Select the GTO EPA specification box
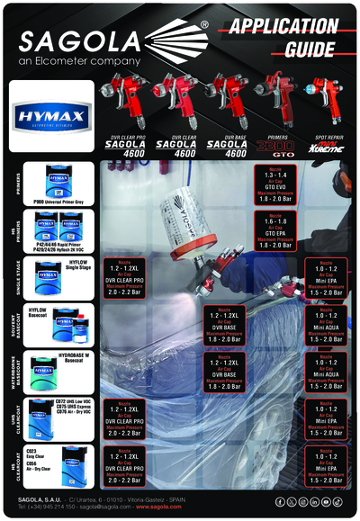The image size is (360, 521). point(273,231)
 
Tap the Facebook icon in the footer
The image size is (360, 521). point(280,501)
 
